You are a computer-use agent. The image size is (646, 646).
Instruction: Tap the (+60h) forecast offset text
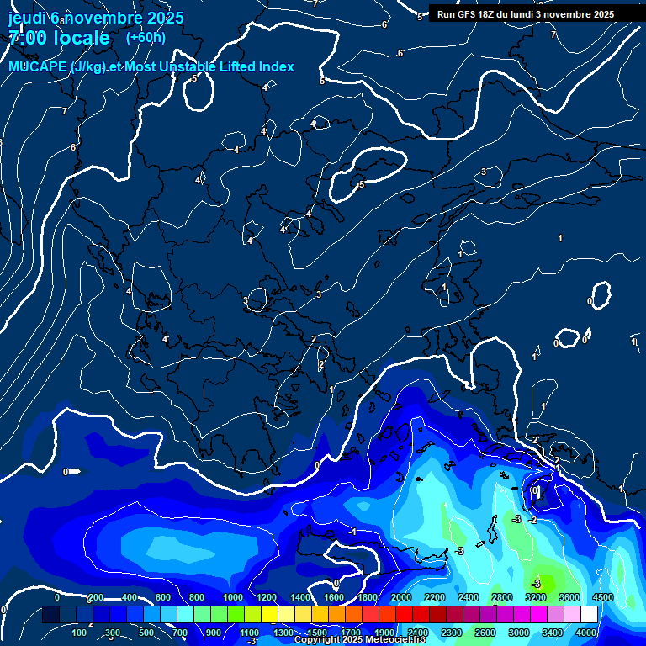click(146, 37)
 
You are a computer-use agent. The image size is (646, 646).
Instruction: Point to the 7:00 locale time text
click(59, 38)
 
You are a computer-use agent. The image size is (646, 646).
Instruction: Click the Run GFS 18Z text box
click(526, 14)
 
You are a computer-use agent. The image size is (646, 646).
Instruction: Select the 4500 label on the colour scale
click(603, 597)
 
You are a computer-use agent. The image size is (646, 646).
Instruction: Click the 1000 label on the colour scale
click(233, 597)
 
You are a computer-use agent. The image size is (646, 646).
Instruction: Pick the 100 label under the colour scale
click(79, 633)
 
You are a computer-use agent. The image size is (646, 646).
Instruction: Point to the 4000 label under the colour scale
click(586, 633)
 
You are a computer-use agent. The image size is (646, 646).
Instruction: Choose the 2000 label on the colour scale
click(401, 597)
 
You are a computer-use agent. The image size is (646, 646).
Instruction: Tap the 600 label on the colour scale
click(163, 597)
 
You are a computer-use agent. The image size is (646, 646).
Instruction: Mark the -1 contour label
click(353, 532)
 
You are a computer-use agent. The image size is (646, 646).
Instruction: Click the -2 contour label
click(532, 521)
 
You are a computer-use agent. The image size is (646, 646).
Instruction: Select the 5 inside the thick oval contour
click(361, 184)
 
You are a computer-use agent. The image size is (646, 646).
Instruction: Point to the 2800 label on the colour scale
click(502, 597)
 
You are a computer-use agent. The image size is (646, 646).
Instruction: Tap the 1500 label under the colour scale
click(317, 633)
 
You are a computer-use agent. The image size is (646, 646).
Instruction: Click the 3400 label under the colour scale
click(553, 633)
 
